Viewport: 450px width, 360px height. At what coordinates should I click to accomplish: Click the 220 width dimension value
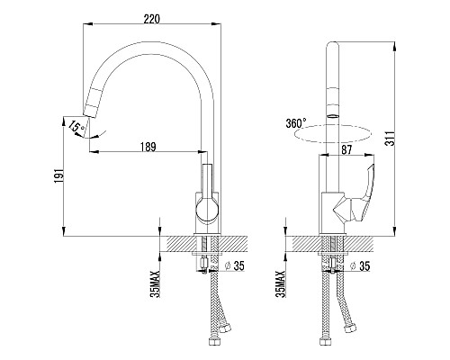click(151, 19)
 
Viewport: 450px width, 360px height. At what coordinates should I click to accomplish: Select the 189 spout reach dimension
click(148, 147)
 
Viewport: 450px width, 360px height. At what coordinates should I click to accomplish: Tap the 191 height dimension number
click(58, 176)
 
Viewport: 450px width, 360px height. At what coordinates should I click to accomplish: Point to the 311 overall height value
click(390, 139)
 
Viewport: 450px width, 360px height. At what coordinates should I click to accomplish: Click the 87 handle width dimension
click(346, 149)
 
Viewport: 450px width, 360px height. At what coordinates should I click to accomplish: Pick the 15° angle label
click(75, 127)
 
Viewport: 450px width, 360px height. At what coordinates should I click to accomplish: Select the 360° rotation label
click(296, 123)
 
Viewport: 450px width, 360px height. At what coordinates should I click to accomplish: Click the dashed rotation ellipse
click(332, 133)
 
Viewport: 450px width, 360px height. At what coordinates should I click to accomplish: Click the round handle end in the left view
click(207, 210)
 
